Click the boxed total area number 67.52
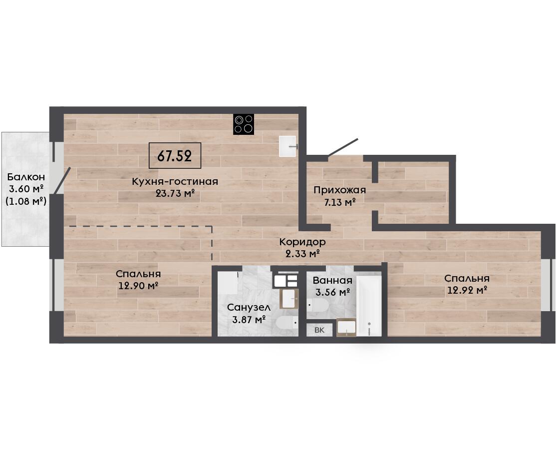(x=175, y=156)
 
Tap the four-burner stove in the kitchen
(x=244, y=124)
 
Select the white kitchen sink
(x=287, y=146)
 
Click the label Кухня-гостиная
(x=175, y=182)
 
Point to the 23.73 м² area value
(x=176, y=193)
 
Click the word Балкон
(x=26, y=177)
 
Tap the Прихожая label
(x=339, y=190)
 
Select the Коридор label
(x=302, y=242)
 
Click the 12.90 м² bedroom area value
(x=138, y=285)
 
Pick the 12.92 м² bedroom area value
(x=467, y=290)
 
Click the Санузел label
(x=249, y=308)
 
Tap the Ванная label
(x=332, y=281)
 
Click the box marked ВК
(x=320, y=330)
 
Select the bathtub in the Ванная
(x=369, y=305)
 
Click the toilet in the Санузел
(x=287, y=323)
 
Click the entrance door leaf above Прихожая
(x=343, y=147)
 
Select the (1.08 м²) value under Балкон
(x=26, y=201)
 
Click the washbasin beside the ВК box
(x=346, y=327)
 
